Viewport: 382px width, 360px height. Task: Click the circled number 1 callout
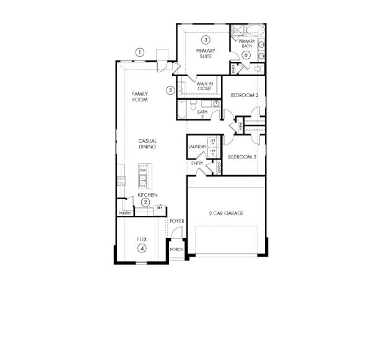[140, 52]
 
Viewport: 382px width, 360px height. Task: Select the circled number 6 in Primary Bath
[246, 55]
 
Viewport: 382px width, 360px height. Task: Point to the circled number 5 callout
[170, 90]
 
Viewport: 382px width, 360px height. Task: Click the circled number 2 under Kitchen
[145, 202]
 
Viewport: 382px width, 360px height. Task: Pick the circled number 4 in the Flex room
[142, 249]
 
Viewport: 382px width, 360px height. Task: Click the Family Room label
[140, 96]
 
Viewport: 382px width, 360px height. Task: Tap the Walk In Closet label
[205, 85]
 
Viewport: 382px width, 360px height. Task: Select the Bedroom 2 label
[244, 95]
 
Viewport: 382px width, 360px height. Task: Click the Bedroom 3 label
[242, 157]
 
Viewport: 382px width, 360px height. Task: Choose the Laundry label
[197, 147]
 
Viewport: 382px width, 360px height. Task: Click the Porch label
[176, 250]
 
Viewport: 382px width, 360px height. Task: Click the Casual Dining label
[147, 144]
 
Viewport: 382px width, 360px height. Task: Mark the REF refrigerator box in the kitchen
[159, 208]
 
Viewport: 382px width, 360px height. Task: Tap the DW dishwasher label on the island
[142, 171]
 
